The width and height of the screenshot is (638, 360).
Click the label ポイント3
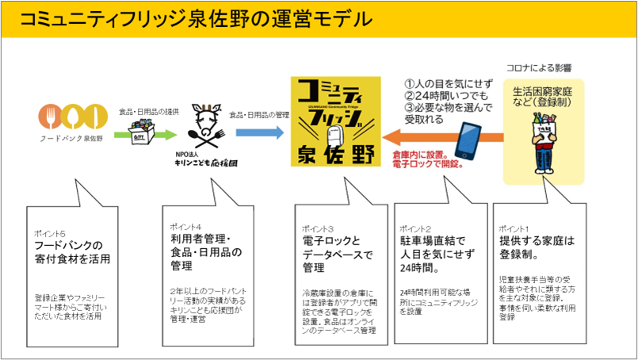pyautogui.click(x=314, y=227)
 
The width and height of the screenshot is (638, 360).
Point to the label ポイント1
pyautogui.click(x=515, y=227)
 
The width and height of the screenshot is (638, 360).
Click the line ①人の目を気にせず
pyautogui.click(x=449, y=82)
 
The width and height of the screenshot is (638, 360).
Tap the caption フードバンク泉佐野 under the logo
pyautogui.click(x=71, y=138)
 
